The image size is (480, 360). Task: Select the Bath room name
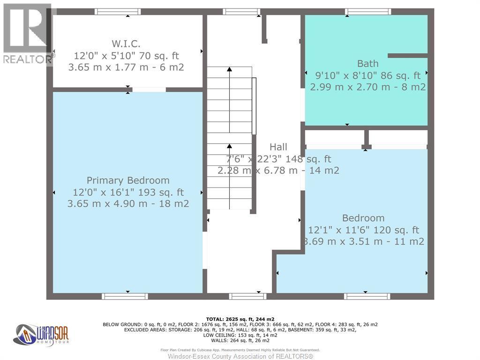tap(367, 63)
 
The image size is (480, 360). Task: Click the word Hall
tap(278, 147)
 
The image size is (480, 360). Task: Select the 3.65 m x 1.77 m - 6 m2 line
tap(126, 67)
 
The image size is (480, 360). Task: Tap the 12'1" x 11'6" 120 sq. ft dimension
tap(363, 230)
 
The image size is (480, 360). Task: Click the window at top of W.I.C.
tap(118, 12)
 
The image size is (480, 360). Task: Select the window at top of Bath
tap(367, 12)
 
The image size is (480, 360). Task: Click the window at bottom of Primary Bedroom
tap(125, 296)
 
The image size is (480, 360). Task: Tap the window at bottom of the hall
tap(247, 296)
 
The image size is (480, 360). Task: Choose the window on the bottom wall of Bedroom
tap(367, 296)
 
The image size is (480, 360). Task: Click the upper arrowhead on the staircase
tap(229, 69)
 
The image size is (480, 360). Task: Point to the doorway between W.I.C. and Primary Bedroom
tap(149, 90)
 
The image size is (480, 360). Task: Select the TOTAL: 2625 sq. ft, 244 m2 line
tap(240, 319)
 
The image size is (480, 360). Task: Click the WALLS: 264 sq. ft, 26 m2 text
tap(240, 340)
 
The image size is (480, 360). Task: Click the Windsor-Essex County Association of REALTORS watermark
tap(240, 356)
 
